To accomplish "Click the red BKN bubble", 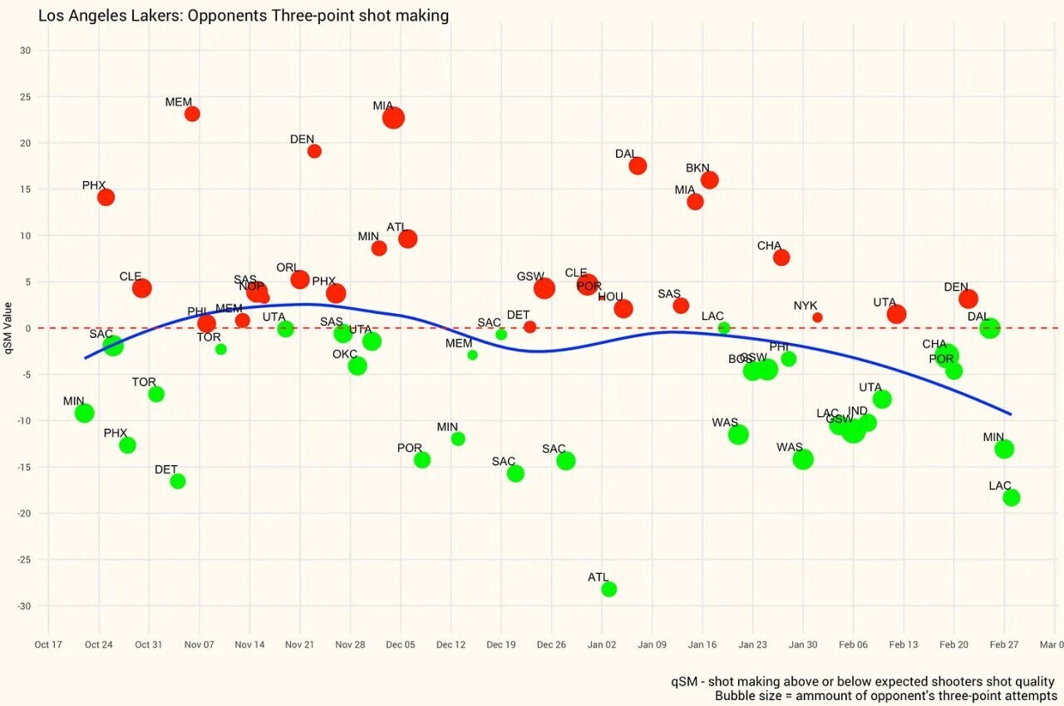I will click(x=709, y=180).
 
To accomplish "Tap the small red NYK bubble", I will click(x=817, y=317).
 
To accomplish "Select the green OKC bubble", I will click(x=357, y=365).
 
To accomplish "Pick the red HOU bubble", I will click(x=623, y=309).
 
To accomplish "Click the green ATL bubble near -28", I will click(x=608, y=589).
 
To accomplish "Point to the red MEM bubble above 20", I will click(x=192, y=114).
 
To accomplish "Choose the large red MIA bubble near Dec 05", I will click(x=393, y=118).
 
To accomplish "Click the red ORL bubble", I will click(x=300, y=280).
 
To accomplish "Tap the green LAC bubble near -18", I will click(x=1011, y=498).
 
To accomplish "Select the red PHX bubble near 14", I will click(x=106, y=198).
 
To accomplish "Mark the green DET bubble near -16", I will click(x=178, y=481).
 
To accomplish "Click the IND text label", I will click(x=858, y=411).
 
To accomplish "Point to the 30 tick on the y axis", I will click(x=25, y=51).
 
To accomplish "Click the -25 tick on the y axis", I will click(x=22, y=560).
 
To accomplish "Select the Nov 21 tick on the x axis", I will click(x=300, y=645).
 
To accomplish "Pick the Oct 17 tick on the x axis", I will click(x=48, y=645).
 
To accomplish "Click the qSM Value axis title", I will click(x=8, y=328).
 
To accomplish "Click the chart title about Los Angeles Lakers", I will click(x=244, y=15).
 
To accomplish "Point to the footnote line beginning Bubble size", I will click(x=885, y=695).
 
